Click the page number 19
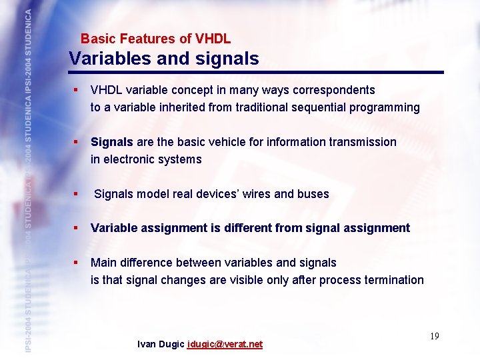pyautogui.click(x=434, y=336)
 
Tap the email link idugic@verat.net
pyautogui.click(x=225, y=345)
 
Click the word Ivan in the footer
pyautogui.click(x=147, y=345)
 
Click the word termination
pyautogui.click(x=394, y=280)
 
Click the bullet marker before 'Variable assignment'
pyautogui.click(x=77, y=228)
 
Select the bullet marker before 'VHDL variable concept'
pyautogui.click(x=77, y=90)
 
